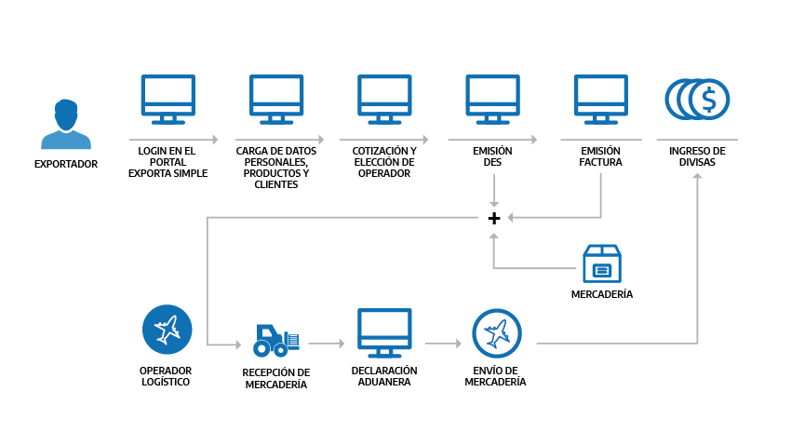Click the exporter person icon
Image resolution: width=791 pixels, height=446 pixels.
pos(66,124)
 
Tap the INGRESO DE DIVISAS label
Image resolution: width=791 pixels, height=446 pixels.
pos(697,155)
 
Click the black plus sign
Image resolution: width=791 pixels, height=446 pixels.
pos(494,219)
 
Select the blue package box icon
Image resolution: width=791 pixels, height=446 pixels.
pos(601,264)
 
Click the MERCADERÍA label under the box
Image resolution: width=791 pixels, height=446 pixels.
pos(601,294)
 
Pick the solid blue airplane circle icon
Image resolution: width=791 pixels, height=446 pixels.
pos(167,330)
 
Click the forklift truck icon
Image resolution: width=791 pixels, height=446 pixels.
pos(276,341)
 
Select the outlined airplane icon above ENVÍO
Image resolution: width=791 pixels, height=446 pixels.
pos(496,333)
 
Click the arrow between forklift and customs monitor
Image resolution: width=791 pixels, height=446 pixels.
pos(327,344)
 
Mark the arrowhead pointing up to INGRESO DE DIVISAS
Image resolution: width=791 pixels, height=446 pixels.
pos(697,177)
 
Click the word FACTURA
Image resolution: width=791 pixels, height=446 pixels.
pos(601,161)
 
